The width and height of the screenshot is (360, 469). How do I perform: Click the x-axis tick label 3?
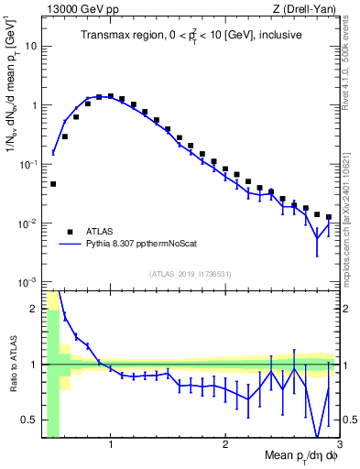(x=339, y=444)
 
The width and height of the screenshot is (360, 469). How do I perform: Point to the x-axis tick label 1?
(x=111, y=444)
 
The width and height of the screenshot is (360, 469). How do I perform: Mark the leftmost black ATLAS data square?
(x=53, y=184)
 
